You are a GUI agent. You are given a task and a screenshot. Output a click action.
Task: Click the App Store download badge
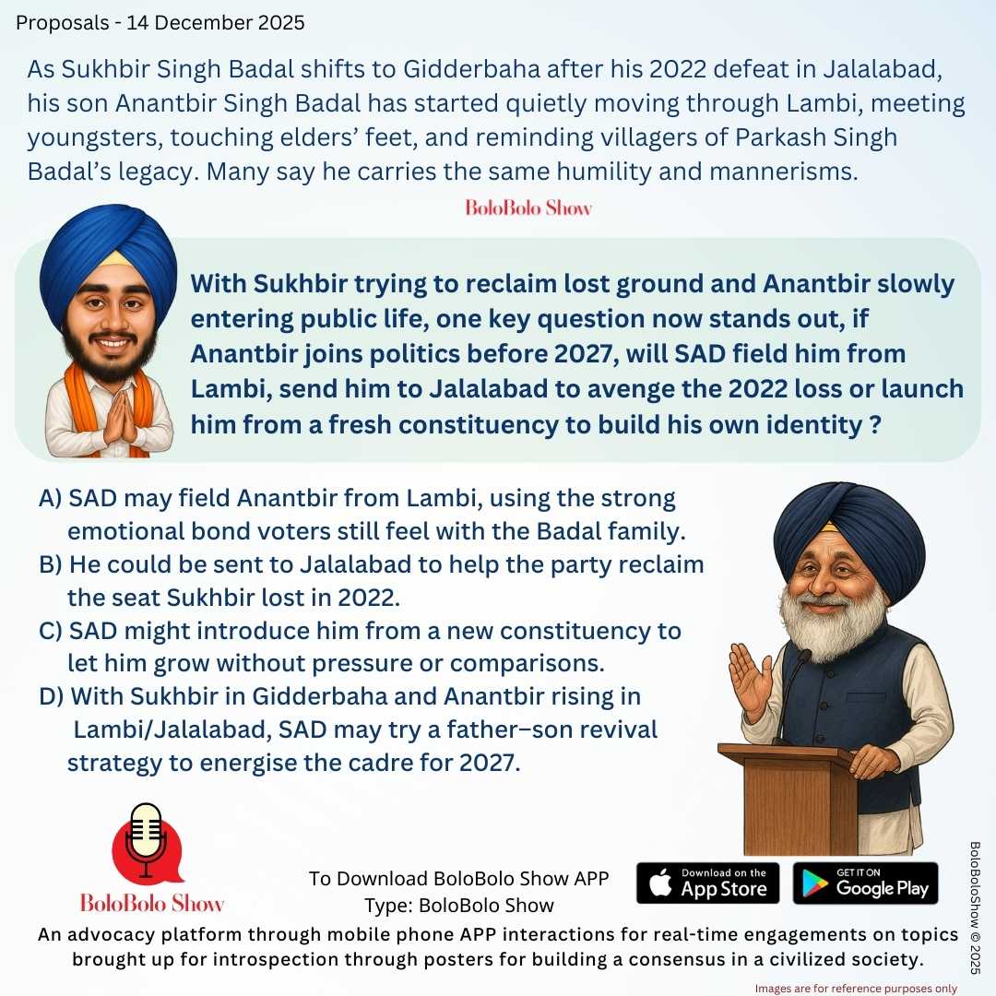(707, 883)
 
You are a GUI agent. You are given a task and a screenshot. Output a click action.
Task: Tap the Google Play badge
(865, 883)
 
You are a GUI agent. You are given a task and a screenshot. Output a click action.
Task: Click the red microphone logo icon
(147, 841)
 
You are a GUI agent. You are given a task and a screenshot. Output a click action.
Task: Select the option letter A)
(51, 499)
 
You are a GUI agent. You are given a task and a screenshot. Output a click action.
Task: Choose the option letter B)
(51, 564)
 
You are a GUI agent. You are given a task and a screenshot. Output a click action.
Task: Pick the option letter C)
(51, 631)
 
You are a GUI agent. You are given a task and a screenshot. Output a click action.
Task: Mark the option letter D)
(52, 696)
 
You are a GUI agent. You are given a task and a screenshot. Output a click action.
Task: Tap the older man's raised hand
(749, 680)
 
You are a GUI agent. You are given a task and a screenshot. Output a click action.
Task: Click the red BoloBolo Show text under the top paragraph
(528, 207)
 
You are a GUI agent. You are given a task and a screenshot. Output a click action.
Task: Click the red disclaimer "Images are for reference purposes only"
(856, 988)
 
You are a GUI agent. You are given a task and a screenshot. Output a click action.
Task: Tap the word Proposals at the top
(59, 22)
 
